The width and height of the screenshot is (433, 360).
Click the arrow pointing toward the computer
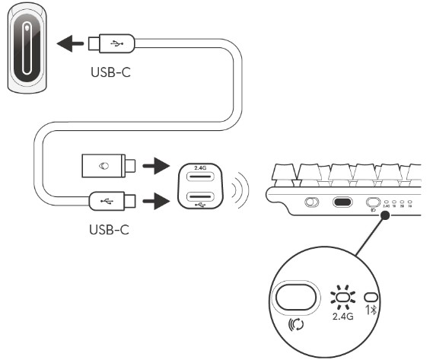coord(72,45)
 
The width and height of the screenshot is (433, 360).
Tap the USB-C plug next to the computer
coord(111,45)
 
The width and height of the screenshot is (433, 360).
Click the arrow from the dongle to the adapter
coord(157,165)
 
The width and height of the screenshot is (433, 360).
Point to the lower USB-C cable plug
coord(111,202)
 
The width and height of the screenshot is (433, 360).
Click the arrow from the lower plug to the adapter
coord(157,202)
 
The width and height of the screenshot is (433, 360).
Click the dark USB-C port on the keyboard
coord(342,203)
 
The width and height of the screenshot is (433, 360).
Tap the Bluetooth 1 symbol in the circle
coord(371,311)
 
